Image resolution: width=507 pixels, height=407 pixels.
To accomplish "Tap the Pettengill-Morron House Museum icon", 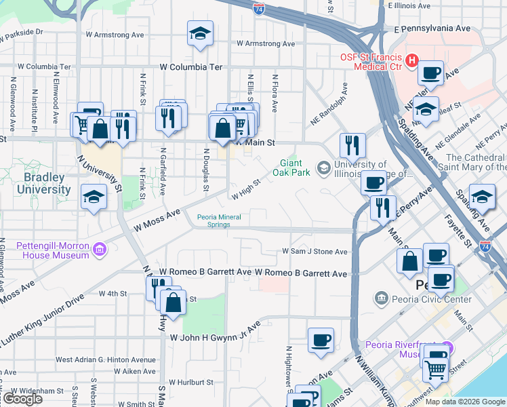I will click(x=100, y=250).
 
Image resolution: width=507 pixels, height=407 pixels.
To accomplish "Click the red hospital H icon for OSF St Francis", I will click(x=411, y=62).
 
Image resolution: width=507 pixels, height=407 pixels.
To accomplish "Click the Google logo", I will click(x=22, y=399).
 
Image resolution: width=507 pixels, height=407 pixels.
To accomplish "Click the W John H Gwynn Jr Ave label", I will click(x=216, y=332).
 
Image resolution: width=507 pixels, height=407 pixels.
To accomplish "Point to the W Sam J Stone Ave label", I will click(x=315, y=252).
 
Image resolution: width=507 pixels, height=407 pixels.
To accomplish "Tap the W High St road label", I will click(x=246, y=190).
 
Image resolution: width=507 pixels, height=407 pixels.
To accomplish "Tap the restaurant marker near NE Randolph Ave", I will click(x=352, y=144).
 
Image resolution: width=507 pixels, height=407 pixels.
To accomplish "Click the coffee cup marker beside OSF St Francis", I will click(x=431, y=73).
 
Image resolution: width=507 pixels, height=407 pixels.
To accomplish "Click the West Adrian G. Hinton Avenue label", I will click(x=106, y=360).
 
